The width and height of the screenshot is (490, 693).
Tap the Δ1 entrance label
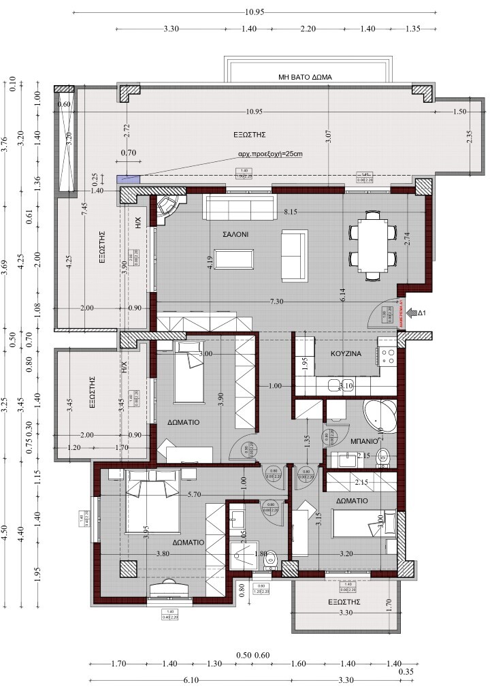(422, 312)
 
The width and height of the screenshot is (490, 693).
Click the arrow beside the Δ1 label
(408, 312)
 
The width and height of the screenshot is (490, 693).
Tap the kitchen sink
(333, 387)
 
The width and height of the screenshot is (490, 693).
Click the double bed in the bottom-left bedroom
(152, 504)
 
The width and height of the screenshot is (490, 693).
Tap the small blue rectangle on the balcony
(127, 179)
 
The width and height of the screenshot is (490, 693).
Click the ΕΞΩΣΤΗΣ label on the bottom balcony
(344, 602)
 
